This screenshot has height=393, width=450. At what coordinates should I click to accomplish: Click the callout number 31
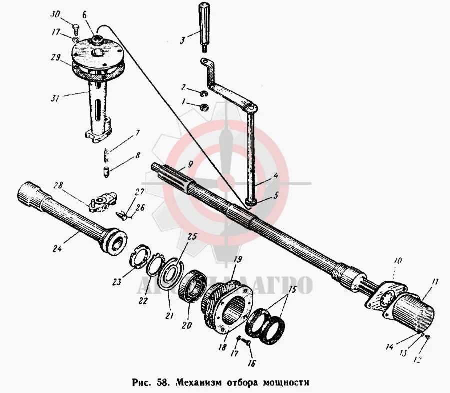click(55, 98)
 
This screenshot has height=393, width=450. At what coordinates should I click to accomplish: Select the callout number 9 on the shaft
click(190, 164)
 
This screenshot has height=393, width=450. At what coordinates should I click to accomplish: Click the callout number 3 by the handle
click(183, 38)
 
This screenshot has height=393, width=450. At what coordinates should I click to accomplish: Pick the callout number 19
click(238, 259)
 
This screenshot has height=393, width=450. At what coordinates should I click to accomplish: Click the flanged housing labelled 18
click(226, 307)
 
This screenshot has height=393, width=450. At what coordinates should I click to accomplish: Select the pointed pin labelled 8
click(106, 171)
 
